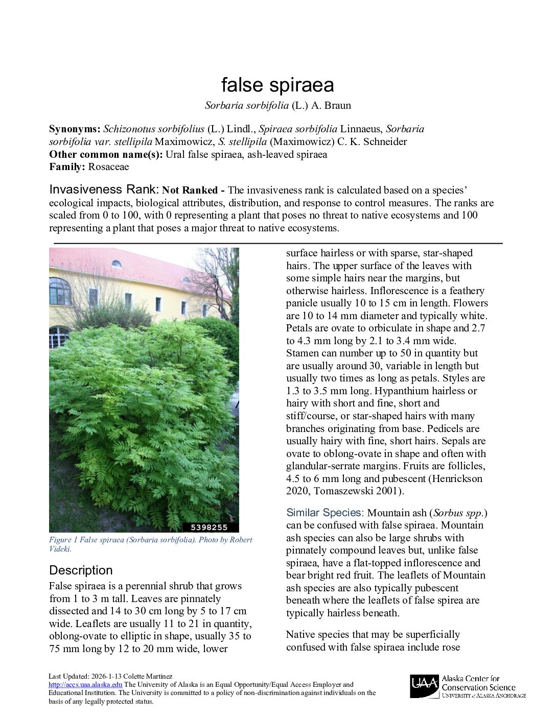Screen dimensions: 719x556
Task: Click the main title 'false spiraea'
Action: coord(277,85)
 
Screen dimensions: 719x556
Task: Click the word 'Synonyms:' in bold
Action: coord(75,129)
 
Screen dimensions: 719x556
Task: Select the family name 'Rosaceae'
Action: coord(108,167)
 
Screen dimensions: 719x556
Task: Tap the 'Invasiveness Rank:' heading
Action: coord(104,189)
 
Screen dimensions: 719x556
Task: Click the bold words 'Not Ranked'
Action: coord(190,190)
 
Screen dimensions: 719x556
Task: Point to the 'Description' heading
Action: coord(81,570)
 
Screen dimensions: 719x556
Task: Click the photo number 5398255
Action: coord(208,527)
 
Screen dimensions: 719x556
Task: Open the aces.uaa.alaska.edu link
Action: coord(85,685)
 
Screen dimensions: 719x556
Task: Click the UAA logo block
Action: coord(424,686)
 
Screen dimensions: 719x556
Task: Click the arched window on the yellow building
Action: coord(60,291)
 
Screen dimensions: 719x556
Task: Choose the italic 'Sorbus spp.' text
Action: coord(460,513)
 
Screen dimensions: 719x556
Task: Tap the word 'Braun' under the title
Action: coord(338,106)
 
